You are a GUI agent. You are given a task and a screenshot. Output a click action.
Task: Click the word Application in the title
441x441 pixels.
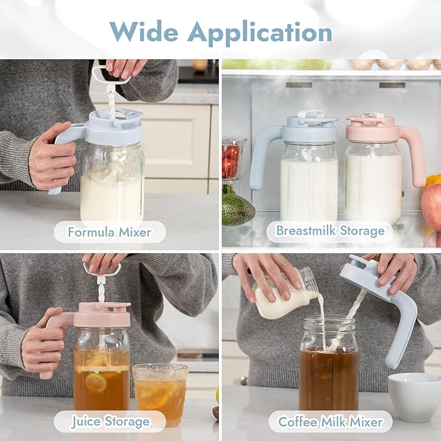260,33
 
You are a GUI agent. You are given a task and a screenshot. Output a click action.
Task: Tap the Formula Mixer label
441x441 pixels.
110,232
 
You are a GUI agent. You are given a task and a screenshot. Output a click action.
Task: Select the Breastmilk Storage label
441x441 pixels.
330,231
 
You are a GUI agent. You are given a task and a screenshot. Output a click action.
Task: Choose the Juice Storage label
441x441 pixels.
110,422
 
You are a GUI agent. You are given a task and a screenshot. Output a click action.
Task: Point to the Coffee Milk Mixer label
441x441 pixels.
330,422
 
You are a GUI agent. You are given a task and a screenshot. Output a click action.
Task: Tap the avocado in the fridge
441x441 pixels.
238,210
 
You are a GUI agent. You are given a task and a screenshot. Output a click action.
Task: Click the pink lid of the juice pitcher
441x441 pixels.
105,315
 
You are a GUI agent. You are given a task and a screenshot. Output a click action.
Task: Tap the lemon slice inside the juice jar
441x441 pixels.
96,381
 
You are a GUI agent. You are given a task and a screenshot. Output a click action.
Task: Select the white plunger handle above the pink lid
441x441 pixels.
102,270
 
